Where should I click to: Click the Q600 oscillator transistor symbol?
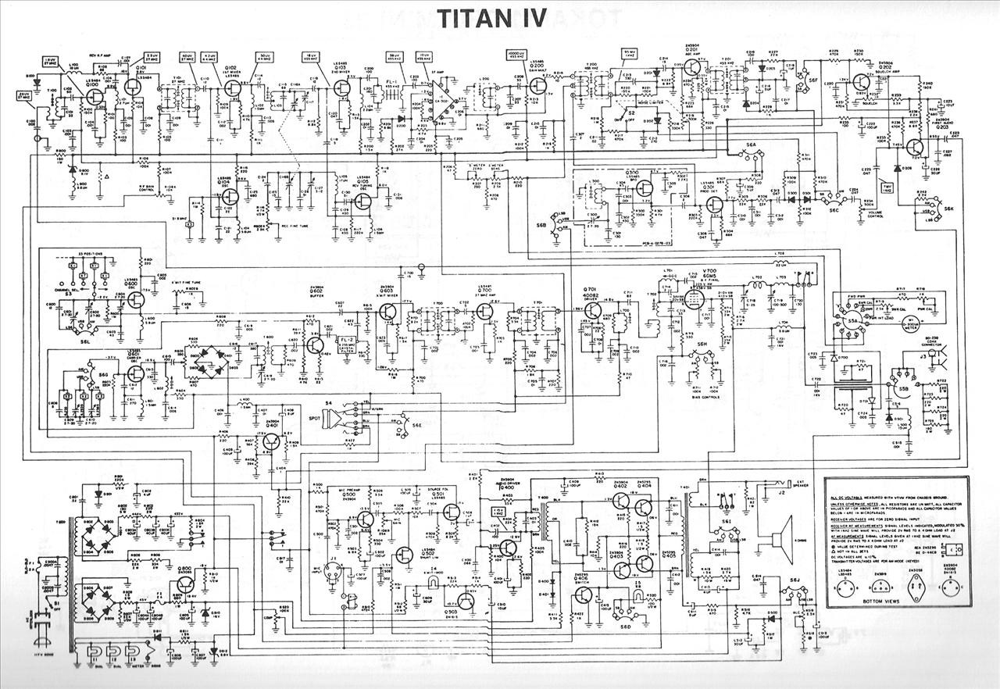point(139,298)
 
